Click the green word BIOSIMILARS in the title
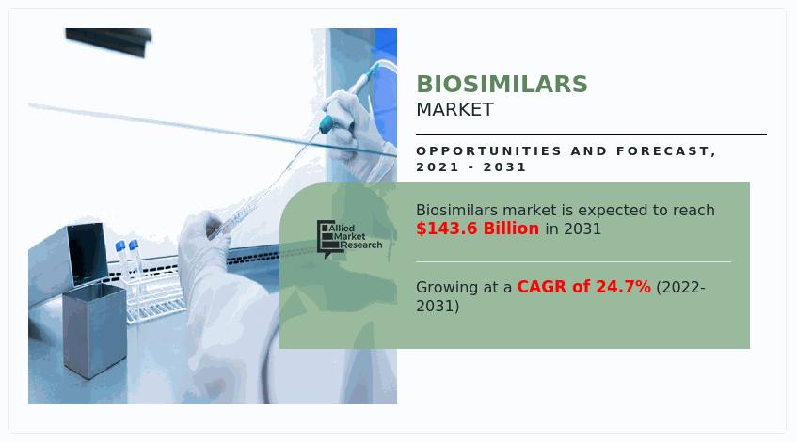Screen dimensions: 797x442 tap(502, 85)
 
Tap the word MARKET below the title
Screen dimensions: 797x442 tap(454, 110)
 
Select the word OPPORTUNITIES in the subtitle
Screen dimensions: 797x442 tap(489, 151)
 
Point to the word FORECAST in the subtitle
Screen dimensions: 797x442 tap(666, 151)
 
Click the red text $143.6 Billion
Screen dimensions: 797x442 tap(477, 229)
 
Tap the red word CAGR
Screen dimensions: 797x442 tap(542, 287)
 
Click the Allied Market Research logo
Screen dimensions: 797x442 tap(349, 239)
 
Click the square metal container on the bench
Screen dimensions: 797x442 tap(94, 330)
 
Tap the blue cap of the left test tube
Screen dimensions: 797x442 tap(120, 246)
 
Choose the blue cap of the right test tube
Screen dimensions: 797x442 tap(134, 245)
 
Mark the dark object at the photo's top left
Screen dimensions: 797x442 tap(108, 40)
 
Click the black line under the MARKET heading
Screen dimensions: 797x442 tap(591, 135)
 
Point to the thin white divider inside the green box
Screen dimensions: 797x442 tap(573, 262)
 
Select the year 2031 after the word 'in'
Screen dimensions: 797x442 tap(582, 229)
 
